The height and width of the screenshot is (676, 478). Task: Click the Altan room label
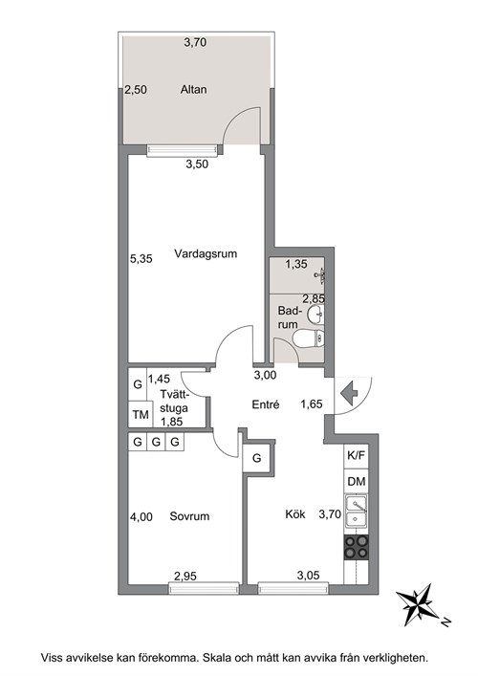pyautogui.click(x=193, y=90)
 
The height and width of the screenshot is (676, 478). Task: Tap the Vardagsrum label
pyautogui.click(x=206, y=253)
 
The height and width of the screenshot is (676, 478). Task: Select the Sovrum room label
pyautogui.click(x=189, y=516)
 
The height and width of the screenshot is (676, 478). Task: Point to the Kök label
pyautogui.click(x=295, y=513)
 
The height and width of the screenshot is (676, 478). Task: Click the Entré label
pyautogui.click(x=266, y=404)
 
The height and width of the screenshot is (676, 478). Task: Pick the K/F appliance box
pyautogui.click(x=356, y=456)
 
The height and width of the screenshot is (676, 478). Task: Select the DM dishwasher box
pyautogui.click(x=356, y=481)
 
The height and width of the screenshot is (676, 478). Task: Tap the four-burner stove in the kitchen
pyautogui.click(x=357, y=547)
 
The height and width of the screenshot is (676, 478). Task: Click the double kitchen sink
pyautogui.click(x=356, y=512)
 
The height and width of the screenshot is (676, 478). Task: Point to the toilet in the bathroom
pyautogui.click(x=308, y=338)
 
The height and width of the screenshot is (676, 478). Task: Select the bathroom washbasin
pyautogui.click(x=315, y=314)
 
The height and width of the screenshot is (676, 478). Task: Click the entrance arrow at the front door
pyautogui.click(x=349, y=394)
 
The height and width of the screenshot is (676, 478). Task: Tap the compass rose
pyautogui.click(x=417, y=605)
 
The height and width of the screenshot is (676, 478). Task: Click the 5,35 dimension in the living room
pyautogui.click(x=141, y=259)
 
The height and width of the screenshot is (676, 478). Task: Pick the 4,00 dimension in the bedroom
pyautogui.click(x=141, y=516)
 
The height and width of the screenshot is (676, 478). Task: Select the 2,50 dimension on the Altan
pyautogui.click(x=136, y=90)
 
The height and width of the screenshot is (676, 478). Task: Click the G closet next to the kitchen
pyautogui.click(x=256, y=458)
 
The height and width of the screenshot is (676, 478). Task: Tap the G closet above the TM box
pyautogui.click(x=138, y=384)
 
